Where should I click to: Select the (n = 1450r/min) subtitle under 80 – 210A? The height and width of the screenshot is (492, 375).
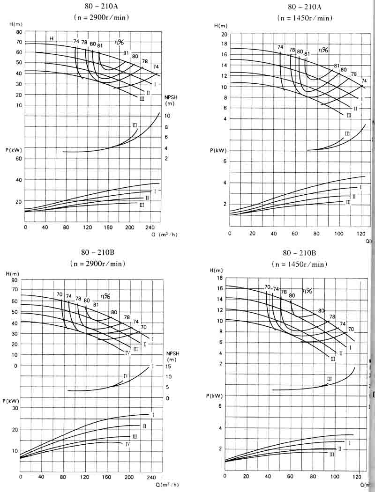305,18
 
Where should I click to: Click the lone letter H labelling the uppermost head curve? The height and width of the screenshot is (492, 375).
52,38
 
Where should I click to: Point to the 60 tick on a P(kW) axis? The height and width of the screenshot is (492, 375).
19,159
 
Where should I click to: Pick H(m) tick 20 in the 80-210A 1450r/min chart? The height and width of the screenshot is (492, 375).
224,35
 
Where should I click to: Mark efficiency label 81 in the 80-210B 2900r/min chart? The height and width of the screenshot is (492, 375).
96,305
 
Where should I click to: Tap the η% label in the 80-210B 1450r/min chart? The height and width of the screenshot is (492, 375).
307,291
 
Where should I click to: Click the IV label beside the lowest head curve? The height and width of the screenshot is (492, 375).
127,352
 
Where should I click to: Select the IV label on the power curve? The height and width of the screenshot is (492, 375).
127,443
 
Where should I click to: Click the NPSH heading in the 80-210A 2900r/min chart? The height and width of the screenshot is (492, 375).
171,96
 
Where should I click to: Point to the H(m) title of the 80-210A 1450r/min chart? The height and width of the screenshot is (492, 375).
220,25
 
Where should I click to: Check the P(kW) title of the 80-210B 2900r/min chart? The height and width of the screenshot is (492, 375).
13,399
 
